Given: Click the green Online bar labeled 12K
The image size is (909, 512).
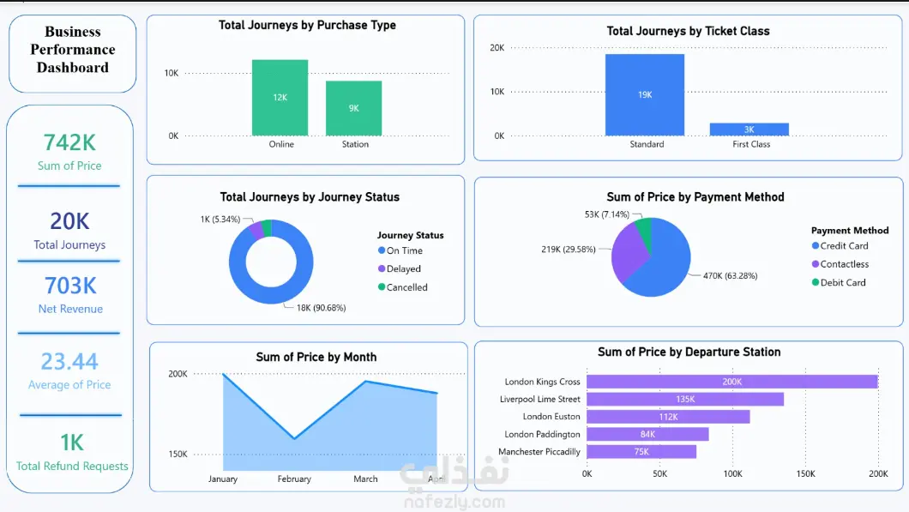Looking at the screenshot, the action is click(x=280, y=98).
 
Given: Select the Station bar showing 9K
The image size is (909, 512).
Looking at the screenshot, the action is click(x=353, y=108).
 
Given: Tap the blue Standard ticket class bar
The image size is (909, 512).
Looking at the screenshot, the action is click(x=645, y=95).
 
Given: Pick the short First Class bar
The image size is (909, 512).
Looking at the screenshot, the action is click(x=749, y=130).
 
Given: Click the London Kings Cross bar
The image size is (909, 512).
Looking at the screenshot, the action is click(x=732, y=382).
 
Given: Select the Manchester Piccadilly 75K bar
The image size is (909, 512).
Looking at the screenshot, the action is click(x=641, y=452).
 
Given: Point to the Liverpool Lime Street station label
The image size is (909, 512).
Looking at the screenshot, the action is click(x=539, y=399).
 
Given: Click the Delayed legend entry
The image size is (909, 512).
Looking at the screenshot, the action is click(x=400, y=268).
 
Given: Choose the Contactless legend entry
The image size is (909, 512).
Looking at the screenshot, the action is click(x=840, y=264).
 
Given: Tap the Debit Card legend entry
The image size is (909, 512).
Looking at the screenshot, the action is click(x=839, y=282).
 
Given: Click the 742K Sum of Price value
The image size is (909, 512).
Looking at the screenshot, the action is click(x=69, y=142).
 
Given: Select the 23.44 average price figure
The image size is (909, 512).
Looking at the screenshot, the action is click(x=69, y=361).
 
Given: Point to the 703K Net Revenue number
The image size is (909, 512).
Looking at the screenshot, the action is click(x=70, y=286).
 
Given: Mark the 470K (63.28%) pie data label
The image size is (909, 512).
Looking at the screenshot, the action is click(x=731, y=275).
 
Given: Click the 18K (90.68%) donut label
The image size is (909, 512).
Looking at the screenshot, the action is click(x=322, y=308).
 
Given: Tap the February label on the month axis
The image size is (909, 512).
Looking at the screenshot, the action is click(x=294, y=479).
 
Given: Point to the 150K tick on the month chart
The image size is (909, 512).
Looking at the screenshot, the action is click(x=178, y=454).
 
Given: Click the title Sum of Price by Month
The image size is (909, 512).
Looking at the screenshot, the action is click(x=316, y=357).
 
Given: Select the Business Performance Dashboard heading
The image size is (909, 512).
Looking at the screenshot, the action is click(x=73, y=49).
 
